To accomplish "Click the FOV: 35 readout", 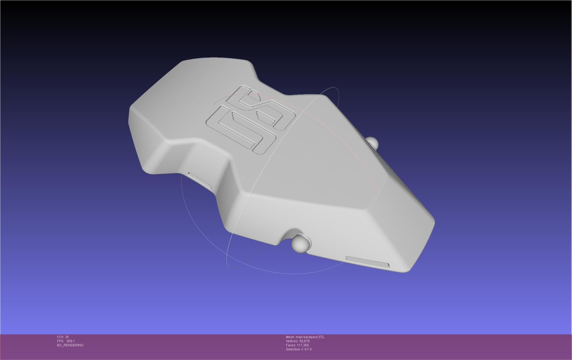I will (63, 337).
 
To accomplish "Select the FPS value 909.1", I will (70, 341).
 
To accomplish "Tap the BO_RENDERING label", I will (70, 345).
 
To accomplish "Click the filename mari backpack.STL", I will (310, 337).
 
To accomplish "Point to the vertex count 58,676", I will (304, 341).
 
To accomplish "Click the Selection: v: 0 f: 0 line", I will (299, 349).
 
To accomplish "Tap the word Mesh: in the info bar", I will (290, 337).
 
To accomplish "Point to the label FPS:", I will (60, 341).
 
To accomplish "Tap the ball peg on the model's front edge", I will (301, 243).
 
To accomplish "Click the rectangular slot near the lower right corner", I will (367, 262).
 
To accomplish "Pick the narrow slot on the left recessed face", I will (199, 180).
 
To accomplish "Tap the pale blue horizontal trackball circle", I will (191, 218).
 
